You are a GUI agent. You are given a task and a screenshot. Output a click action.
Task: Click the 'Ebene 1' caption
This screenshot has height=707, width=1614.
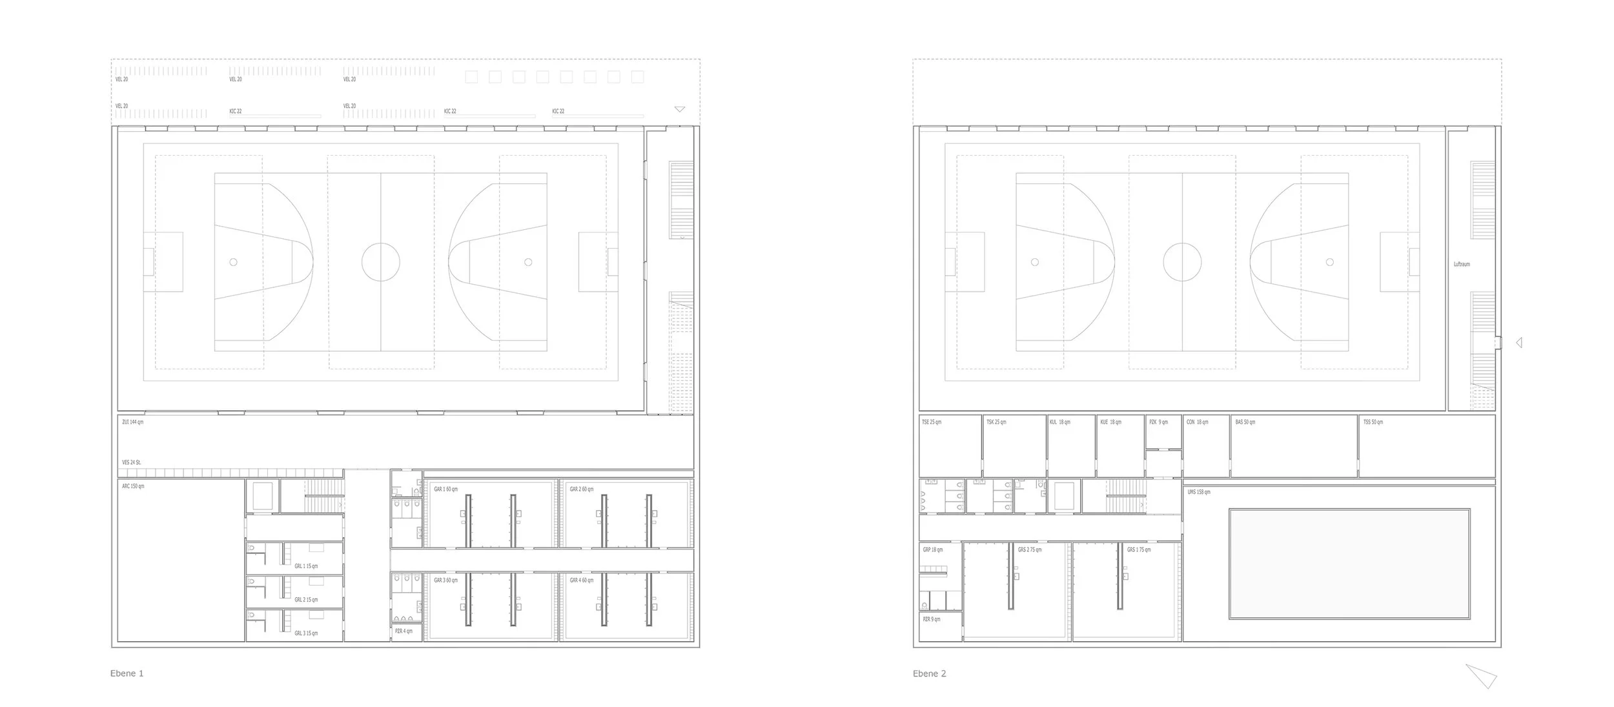[x=127, y=673]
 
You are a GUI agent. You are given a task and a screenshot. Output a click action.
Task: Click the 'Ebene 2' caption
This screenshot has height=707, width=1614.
[x=929, y=673]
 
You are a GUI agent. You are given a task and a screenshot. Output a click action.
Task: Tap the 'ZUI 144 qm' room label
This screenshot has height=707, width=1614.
[x=132, y=422]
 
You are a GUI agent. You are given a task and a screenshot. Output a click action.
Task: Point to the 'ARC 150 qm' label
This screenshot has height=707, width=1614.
[x=133, y=486]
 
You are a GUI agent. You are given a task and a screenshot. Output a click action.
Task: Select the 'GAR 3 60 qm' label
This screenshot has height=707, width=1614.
[x=445, y=580]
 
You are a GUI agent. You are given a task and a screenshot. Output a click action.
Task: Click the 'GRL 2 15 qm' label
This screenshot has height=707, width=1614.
[x=306, y=600]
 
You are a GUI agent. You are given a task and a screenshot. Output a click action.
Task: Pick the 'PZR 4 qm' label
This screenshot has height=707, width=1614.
[x=403, y=631]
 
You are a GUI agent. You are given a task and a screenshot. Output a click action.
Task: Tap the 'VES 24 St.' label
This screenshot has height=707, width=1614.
[x=132, y=462]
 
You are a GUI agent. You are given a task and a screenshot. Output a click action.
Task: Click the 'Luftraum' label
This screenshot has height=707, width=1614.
[x=1462, y=264]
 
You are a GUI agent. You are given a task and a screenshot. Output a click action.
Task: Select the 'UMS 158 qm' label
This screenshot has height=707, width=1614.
[x=1199, y=492]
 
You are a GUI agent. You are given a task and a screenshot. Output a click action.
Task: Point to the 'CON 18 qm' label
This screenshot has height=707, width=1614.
[x=1197, y=422]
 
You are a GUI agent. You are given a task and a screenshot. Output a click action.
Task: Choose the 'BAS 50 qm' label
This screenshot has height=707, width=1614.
[x=1245, y=422]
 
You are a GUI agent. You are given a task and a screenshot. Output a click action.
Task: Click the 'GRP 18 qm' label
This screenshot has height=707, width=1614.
[x=933, y=550]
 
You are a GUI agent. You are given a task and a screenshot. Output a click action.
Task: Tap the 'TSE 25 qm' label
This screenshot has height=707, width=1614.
[x=932, y=422]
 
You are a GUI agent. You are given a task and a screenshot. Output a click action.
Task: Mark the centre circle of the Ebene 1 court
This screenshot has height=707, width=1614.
[x=380, y=262]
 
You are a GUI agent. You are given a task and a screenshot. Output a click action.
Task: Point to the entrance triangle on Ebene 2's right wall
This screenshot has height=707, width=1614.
[x=1519, y=343]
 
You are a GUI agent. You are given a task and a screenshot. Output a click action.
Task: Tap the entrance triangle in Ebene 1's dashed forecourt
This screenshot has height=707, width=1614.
[x=679, y=109]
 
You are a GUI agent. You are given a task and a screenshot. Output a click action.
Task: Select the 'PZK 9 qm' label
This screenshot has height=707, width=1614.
[x=1158, y=422]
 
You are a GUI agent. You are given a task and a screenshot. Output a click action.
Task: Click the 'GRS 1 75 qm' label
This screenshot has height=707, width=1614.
[x=1139, y=550]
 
